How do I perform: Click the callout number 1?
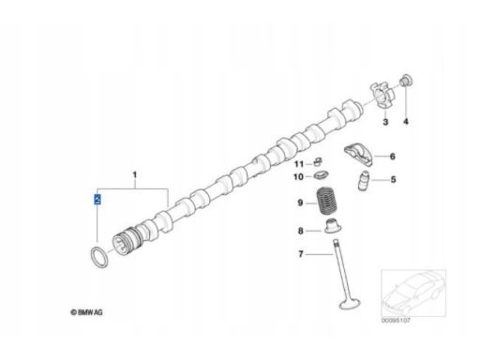tap(135, 174)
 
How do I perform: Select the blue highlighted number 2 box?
tap(97, 199)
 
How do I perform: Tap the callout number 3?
tap(385, 122)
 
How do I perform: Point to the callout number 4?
tap(406, 121)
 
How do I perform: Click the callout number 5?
tap(393, 179)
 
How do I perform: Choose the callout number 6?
tap(393, 156)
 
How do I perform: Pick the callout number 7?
tap(301, 254)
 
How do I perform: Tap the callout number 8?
tap(300, 231)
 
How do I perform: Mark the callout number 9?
tap(300, 202)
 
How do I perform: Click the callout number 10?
tap(298, 177)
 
